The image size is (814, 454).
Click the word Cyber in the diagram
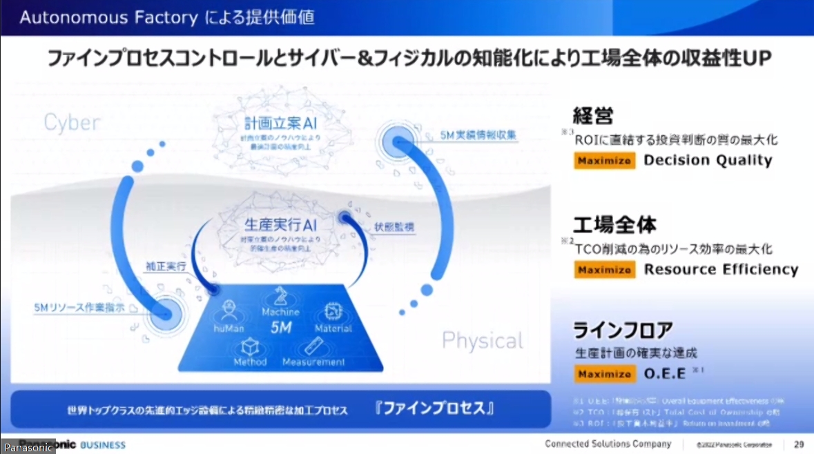[72, 123]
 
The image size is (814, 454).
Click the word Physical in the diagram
[482, 340]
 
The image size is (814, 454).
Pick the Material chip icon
[333, 312]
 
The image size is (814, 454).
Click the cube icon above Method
[250, 346]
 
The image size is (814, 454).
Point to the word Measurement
[313, 362]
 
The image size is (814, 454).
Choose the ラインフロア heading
[623, 330]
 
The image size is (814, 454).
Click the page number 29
[798, 444]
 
